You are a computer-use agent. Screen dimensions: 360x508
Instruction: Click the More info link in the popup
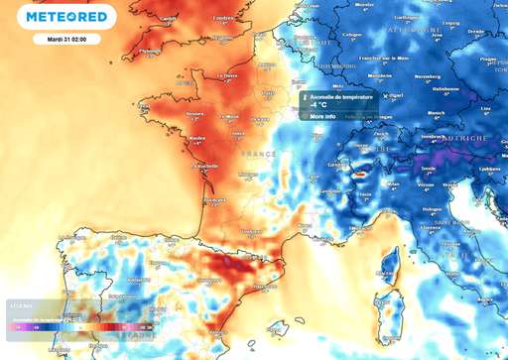pyautogui.click(x=322, y=116)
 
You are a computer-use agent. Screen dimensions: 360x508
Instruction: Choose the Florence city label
pyautogui.click(x=427, y=211)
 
